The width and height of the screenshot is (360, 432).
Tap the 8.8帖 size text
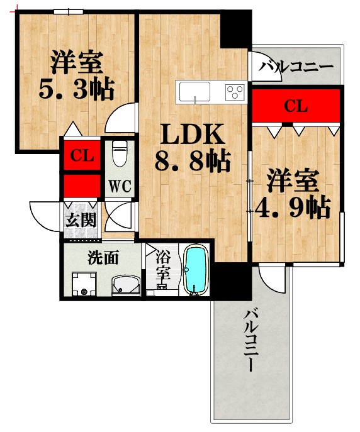(x=192, y=162)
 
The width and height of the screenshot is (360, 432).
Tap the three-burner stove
(x=235, y=92)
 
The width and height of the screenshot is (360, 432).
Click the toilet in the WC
(x=119, y=152)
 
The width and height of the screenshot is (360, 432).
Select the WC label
(x=119, y=186)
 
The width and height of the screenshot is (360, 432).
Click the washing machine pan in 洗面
(x=83, y=284)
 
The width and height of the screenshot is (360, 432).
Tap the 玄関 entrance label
(x=81, y=221)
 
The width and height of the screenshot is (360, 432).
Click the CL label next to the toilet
(x=82, y=155)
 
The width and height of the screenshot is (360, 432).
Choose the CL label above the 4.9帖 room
(x=296, y=106)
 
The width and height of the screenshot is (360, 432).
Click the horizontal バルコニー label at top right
(x=296, y=66)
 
